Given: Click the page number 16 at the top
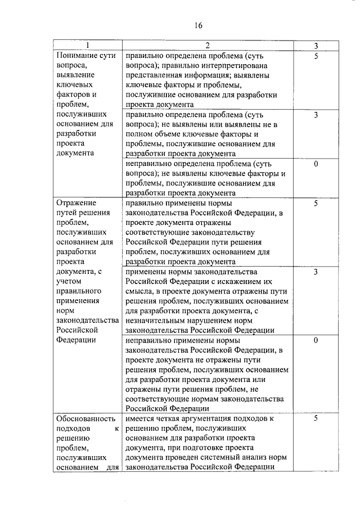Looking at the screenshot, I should (x=199, y=25).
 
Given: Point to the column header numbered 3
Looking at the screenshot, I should (x=316, y=45).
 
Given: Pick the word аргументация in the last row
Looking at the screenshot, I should (x=216, y=418).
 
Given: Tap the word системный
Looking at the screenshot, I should (x=210, y=457).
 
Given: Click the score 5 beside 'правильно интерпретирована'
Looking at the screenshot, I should (x=316, y=56).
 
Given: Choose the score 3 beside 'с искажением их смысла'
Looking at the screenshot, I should (x=316, y=272).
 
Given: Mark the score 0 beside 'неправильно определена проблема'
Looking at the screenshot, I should (x=316, y=164).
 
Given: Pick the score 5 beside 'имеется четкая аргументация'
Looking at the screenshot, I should (x=316, y=418).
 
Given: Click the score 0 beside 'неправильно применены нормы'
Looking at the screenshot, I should (x=316, y=340).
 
